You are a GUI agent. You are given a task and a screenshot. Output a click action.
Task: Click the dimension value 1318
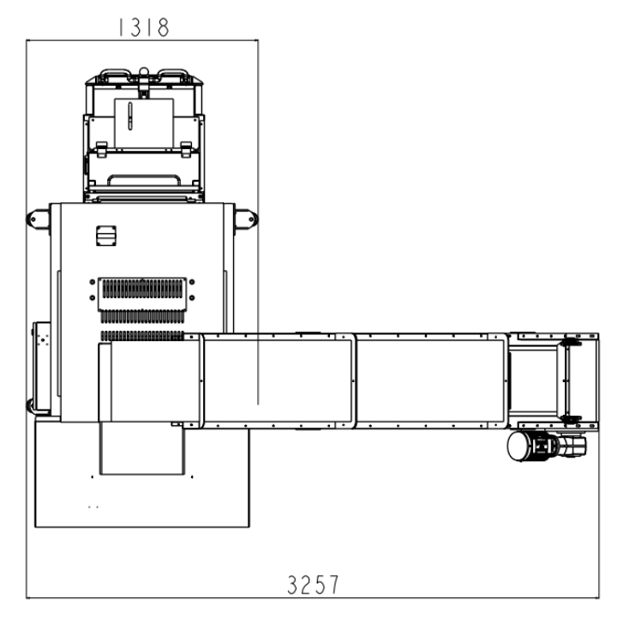(x=144, y=27)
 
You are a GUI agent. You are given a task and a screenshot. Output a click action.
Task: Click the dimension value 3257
(x=313, y=584)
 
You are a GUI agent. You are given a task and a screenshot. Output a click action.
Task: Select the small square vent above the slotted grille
(x=106, y=236)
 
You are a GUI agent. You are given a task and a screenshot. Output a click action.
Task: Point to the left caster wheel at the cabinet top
(x=37, y=219)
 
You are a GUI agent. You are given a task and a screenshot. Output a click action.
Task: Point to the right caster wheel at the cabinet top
(x=247, y=219)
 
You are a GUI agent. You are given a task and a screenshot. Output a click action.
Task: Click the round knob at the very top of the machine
(x=144, y=71)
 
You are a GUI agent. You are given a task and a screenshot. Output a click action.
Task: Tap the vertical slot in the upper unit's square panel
(x=130, y=116)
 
